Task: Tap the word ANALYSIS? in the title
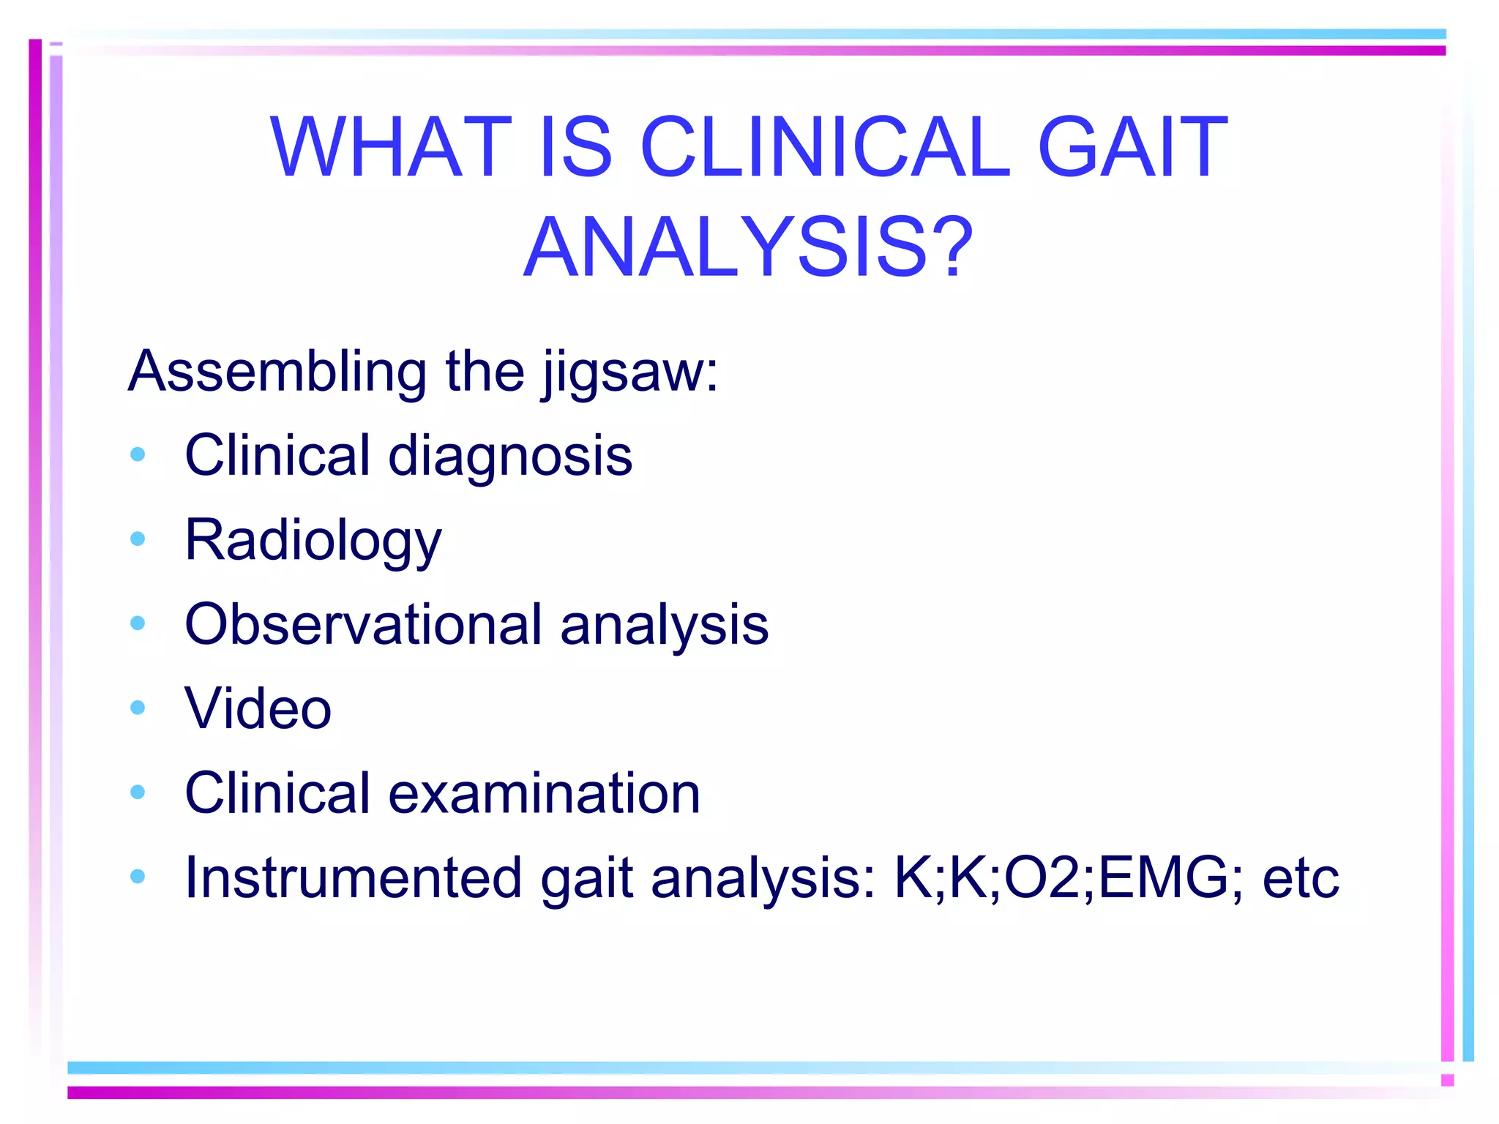click(x=748, y=248)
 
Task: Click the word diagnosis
click(x=509, y=457)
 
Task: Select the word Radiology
click(x=313, y=542)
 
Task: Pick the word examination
click(x=544, y=793)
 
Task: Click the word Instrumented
click(x=353, y=877)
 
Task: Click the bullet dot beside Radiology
click(x=138, y=539)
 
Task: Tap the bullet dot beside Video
click(x=138, y=708)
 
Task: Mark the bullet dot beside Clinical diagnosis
click(x=138, y=454)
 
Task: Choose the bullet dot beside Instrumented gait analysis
click(x=138, y=876)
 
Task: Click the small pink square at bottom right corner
click(x=1447, y=1080)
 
